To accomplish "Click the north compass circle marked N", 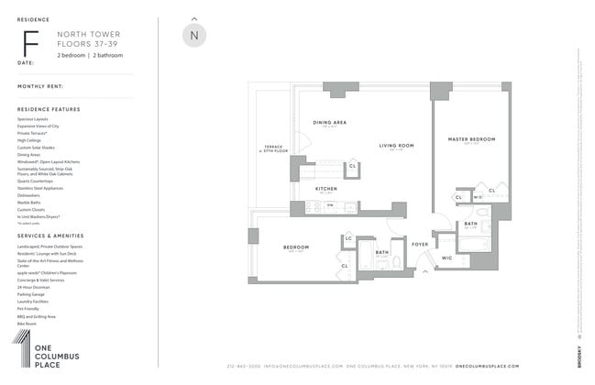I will pos(193,36).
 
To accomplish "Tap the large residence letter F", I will pos(30,43).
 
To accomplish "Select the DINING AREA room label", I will pos(328,122).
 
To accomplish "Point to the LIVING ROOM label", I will pos(396,145).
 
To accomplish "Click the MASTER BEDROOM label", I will pos(471,139).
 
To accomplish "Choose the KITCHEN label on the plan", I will pos(325,189).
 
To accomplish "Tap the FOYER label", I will pos(420,244).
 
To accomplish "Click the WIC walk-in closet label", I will pos(446,258).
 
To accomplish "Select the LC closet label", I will pos(348,239).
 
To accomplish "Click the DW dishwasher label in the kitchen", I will pos(330,204).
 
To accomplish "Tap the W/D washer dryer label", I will pos(477,196).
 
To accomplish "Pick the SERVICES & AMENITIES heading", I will pos(50,236).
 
